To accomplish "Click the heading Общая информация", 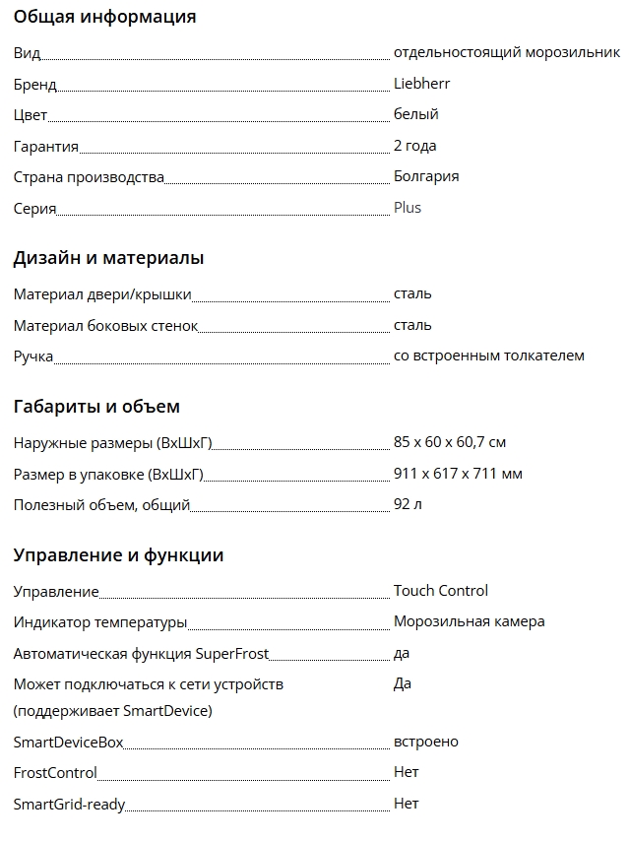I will pos(104,17).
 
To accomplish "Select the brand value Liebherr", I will pos(421,84).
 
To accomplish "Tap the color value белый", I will pos(415,114).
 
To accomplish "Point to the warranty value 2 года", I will pos(414,146).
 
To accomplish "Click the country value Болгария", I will pos(426,176).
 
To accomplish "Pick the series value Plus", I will pos(408,208).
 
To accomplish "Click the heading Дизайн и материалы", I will pos(108,258).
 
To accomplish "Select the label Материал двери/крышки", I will pos(102,294).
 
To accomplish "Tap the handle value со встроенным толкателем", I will pos(488,356).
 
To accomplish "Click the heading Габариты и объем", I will pos(96,407).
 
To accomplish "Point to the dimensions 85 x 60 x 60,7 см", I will pos(450,443).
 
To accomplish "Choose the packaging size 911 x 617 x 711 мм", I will pos(458,474).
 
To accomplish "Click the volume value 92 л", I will pos(408,505).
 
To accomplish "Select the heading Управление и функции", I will pos(118,555).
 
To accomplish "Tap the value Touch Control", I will pos(440,591).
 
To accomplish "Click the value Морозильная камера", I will pos(469,621).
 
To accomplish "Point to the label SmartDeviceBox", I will pos(68,743).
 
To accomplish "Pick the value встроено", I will pos(425,742).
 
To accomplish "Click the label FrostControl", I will pos(55,773).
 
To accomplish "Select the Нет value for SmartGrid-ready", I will pos(406,804).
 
